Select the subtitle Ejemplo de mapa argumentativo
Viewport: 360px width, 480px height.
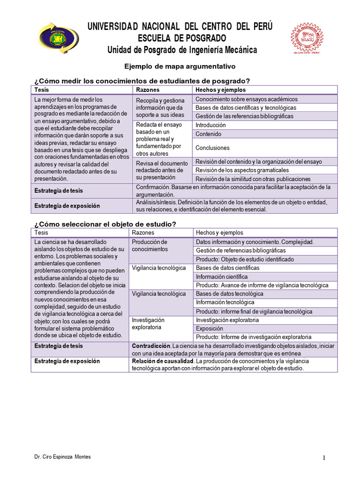(x=179, y=67)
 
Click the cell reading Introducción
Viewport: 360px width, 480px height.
(x=210, y=125)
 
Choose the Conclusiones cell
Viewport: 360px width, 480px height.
(x=212, y=148)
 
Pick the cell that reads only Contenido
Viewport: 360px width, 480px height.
(x=208, y=134)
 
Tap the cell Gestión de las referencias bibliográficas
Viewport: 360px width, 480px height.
(x=244, y=116)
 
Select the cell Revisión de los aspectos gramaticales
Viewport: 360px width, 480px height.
(x=242, y=170)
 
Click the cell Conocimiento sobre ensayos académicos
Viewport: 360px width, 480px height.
(x=246, y=99)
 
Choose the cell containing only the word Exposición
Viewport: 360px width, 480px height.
(x=210, y=329)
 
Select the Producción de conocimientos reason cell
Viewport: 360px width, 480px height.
(x=150, y=245)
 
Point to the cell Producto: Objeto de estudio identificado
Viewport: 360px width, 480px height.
(x=245, y=259)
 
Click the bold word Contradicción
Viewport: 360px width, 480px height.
(x=151, y=346)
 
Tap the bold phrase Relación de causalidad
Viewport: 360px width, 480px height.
(x=163, y=361)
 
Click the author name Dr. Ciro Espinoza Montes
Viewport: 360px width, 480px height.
(x=63, y=457)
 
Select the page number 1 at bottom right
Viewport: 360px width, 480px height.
(x=323, y=458)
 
